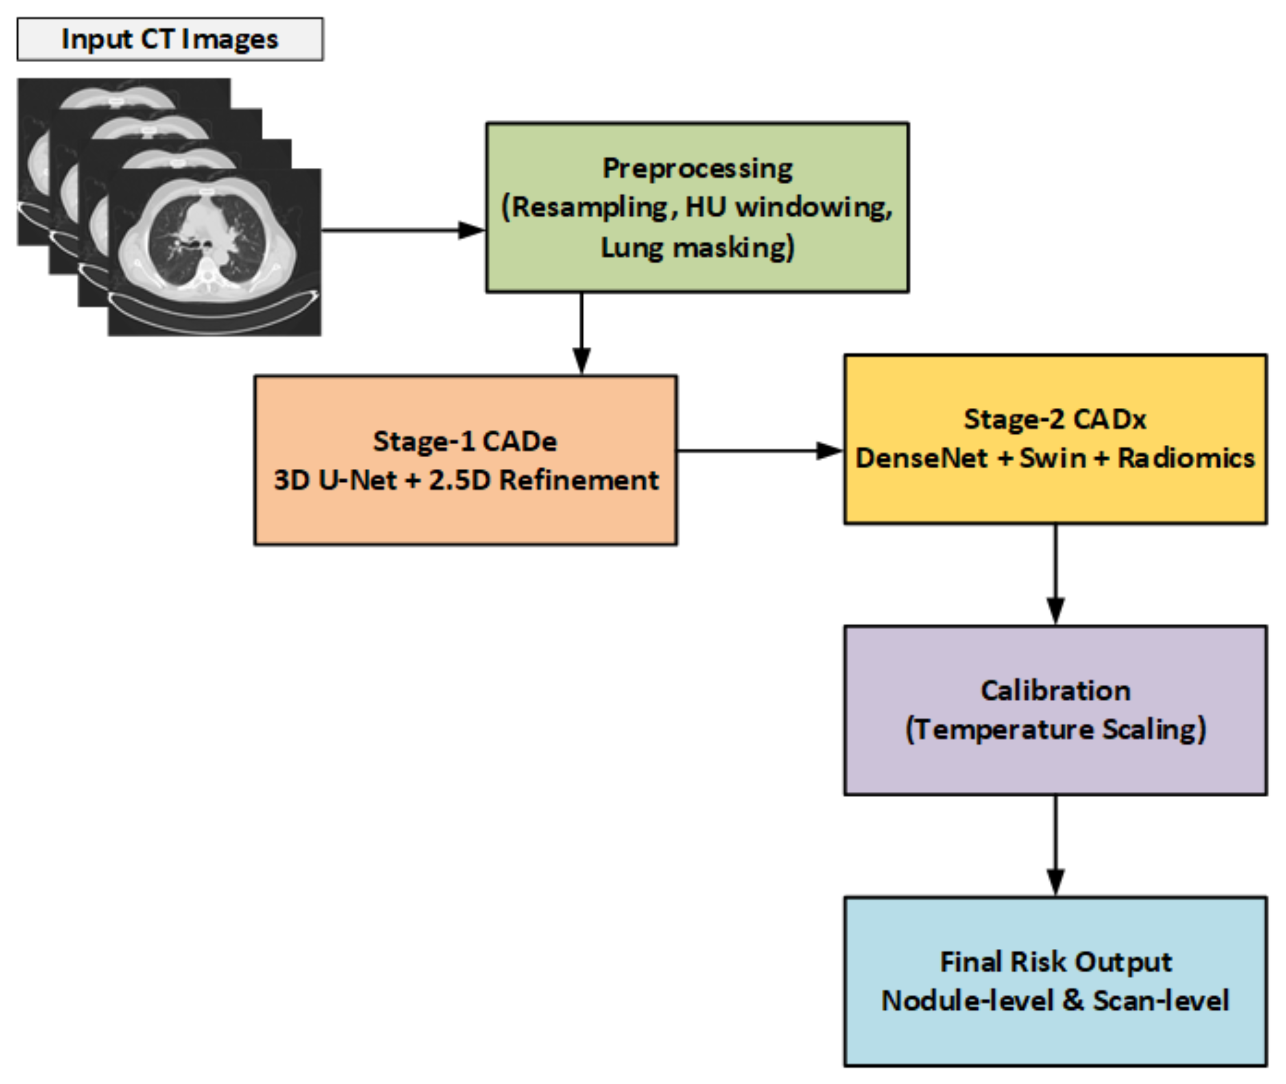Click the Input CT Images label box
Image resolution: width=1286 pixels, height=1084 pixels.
pos(169,39)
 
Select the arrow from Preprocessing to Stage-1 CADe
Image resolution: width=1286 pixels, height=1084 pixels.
pos(581,332)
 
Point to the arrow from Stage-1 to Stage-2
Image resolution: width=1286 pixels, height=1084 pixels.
pos(759,451)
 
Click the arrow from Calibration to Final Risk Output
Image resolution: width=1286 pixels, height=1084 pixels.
pos(1055,845)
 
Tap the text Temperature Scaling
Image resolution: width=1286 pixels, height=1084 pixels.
pos(1055,730)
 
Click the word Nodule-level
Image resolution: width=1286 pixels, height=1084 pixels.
pos(968,1001)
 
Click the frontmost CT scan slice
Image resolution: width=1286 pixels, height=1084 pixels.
pos(214,252)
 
